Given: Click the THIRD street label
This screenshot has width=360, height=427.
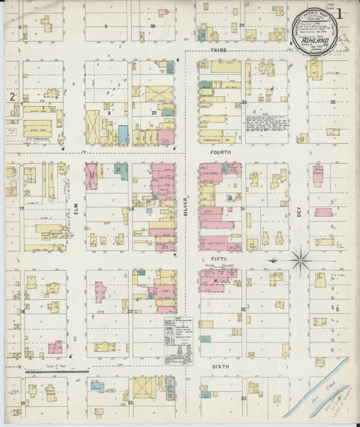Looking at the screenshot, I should pos(218,51).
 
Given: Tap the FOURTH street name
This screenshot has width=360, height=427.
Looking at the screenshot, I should pos(220,153).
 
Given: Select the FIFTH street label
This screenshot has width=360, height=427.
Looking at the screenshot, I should pos(219,258).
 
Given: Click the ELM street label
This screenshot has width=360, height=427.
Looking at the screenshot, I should pos(76,211).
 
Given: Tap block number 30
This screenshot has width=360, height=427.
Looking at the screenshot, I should pos(243,103).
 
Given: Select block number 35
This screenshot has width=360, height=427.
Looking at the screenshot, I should pos(332,102).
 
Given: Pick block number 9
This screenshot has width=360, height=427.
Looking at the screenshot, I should pos(106,26).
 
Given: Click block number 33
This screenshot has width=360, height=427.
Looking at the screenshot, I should pos(243,399).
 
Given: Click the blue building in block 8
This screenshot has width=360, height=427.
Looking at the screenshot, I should pos(123,134).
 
